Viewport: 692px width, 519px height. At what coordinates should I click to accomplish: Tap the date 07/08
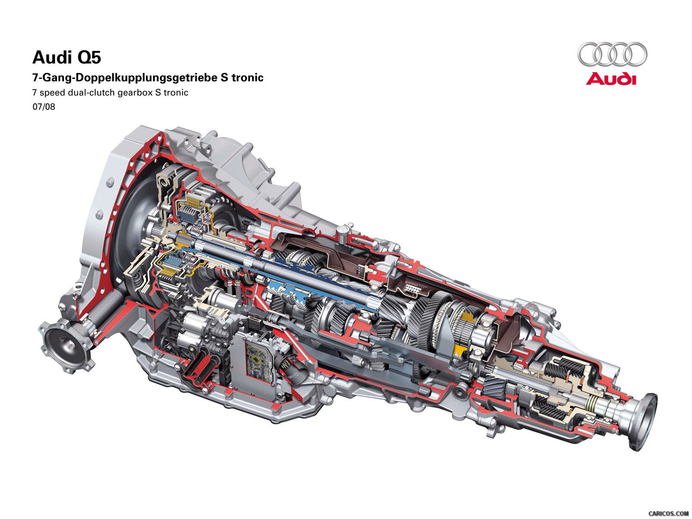(44, 106)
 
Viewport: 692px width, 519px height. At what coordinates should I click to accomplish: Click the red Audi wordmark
(611, 79)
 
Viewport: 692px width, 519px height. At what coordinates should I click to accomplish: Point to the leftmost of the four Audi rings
(589, 54)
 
